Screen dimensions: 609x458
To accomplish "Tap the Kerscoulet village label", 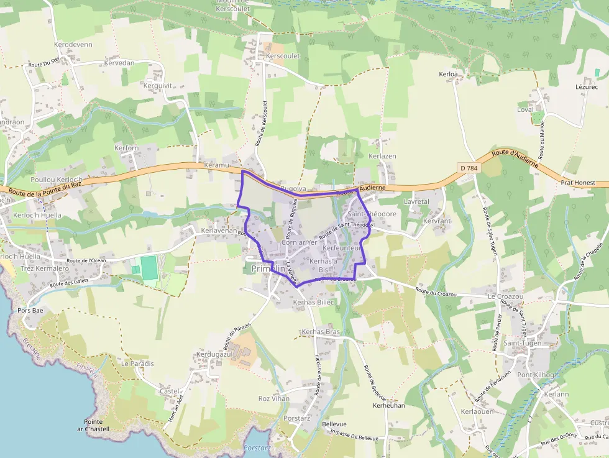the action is tap(283, 56).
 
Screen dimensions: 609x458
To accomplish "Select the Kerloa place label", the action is tap(448, 75).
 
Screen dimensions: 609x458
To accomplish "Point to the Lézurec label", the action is tap(586, 87).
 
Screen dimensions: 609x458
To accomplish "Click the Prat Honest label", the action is tap(577, 183).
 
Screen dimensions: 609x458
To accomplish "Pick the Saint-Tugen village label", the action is tap(522, 343).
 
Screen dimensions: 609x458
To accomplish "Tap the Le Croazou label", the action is tap(505, 296).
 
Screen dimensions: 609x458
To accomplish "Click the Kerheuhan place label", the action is tap(388, 405).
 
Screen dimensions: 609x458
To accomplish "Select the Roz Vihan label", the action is tap(273, 398).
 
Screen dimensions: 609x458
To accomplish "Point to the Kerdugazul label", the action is tap(214, 354).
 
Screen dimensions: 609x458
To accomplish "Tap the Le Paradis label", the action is tap(137, 364).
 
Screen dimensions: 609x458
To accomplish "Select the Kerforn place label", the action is tap(126, 148).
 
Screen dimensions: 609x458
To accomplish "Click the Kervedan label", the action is tap(119, 63).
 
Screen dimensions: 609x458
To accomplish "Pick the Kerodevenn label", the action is tap(73, 45).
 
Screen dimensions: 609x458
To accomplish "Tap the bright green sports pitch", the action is tap(149, 268).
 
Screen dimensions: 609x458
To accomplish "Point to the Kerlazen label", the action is tap(382, 156).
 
